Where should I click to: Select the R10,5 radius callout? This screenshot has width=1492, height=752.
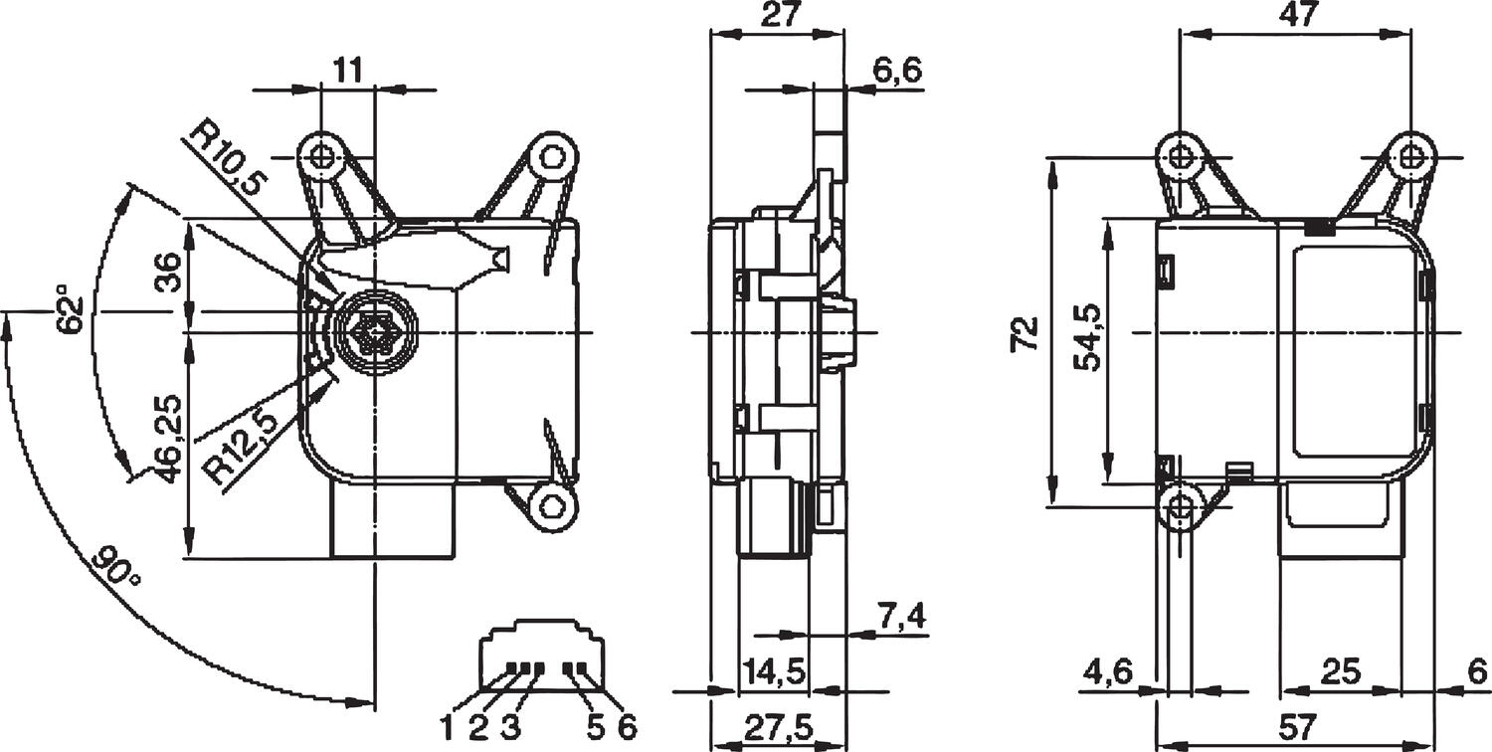tap(228, 160)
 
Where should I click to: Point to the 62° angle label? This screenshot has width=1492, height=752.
tap(69, 310)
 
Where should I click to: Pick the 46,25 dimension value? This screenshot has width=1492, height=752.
tap(170, 438)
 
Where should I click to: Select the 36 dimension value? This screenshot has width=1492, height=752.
tap(169, 273)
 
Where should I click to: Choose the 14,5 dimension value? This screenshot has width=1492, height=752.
tap(773, 671)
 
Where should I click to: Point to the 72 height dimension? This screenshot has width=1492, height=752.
tap(1025, 333)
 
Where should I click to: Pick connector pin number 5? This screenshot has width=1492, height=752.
tap(595, 726)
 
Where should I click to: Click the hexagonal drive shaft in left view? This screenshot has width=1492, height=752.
tap(374, 331)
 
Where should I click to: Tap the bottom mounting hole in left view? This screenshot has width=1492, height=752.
tap(552, 504)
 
